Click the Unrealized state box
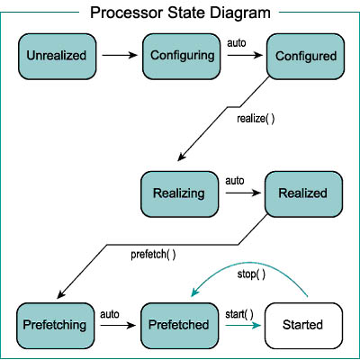pos(58,57)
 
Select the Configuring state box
pos(182,57)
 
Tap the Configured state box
pos(305,57)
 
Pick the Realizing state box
pos(180,194)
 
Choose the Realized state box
pos(303,194)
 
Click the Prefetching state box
pos(56,326)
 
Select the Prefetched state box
pos(180,326)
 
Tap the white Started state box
pos(303,326)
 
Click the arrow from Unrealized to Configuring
pos(120,55)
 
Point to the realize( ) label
pos(256,119)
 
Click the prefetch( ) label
pos(153,255)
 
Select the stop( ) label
pos(251,274)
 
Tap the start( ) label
pos(239,314)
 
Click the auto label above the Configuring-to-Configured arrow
pos(237,43)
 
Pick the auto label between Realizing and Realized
pos(235,181)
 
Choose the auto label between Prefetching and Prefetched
pos(110,314)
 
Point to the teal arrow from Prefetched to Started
pos(243,325)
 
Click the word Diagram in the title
pos(240,13)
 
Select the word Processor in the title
pos(127,13)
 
